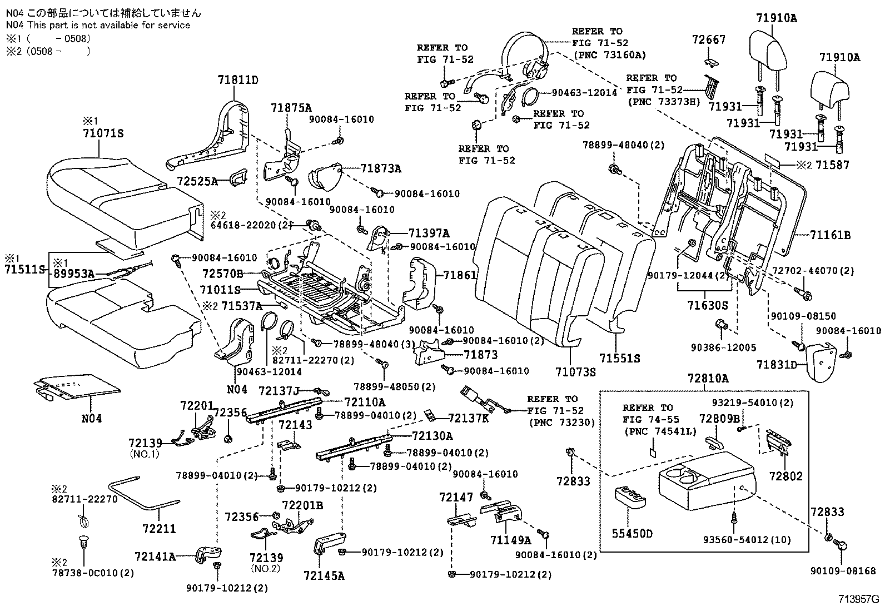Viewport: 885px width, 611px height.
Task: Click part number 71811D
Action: coord(237,80)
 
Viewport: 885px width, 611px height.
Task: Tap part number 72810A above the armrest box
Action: coord(707,379)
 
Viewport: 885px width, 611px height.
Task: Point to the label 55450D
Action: coord(632,534)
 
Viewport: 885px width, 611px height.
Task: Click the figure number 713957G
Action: coord(859,599)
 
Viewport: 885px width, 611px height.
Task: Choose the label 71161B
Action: coord(830,235)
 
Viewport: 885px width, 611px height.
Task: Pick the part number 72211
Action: coord(159,529)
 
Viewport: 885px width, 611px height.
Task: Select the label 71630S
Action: coord(707,305)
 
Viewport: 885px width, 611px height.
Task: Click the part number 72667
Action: coord(709,39)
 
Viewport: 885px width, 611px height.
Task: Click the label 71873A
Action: coord(381,168)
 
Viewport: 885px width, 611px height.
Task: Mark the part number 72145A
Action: coord(324,575)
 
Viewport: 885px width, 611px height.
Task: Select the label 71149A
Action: coord(511,540)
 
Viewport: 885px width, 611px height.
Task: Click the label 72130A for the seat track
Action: coord(432,436)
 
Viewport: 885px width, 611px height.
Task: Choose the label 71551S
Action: coord(619,359)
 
